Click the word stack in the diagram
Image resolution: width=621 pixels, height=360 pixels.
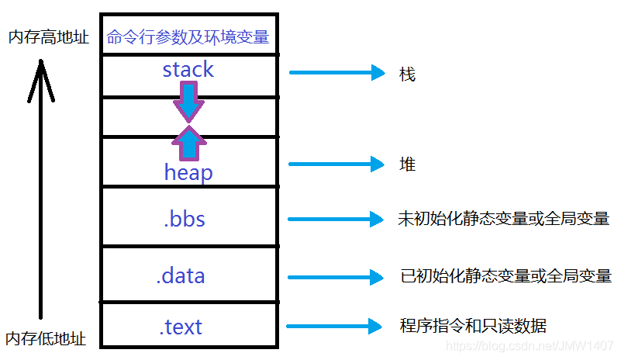tap(188, 70)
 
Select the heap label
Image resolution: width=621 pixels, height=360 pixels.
tap(188, 172)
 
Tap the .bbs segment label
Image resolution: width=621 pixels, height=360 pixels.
tap(185, 219)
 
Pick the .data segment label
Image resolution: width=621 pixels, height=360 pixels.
tap(181, 275)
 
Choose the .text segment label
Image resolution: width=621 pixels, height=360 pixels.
tap(181, 327)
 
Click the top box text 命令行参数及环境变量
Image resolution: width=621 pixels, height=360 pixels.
tap(188, 36)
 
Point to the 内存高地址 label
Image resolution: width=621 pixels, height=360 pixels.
tap(48, 37)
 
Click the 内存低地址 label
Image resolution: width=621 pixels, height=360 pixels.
tap(46, 339)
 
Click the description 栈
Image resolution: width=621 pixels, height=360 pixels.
tap(407, 74)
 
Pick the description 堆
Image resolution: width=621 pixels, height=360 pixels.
tap(407, 164)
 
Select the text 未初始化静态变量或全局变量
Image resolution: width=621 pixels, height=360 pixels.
tap(503, 219)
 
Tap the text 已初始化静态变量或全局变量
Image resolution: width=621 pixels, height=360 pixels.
tap(505, 275)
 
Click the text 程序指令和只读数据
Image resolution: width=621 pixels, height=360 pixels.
tap(478, 325)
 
